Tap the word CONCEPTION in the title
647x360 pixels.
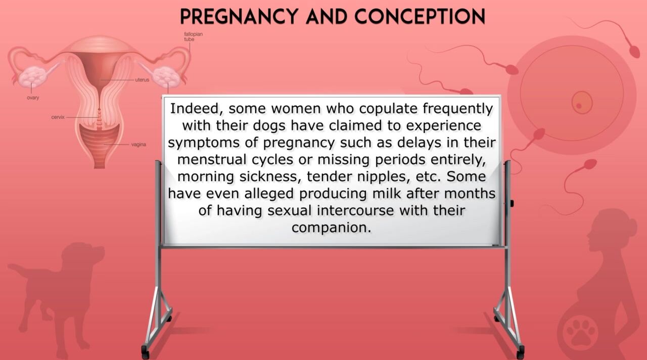(x=420, y=17)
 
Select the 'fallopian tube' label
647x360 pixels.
(x=193, y=37)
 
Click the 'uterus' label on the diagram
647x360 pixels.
(x=142, y=80)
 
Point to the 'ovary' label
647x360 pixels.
(x=33, y=98)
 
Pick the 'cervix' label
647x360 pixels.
(x=58, y=117)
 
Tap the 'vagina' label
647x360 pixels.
(x=138, y=145)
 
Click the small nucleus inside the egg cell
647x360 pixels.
(x=582, y=103)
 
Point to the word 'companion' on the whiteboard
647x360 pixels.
(x=331, y=228)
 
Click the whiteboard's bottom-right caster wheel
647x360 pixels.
(x=520, y=352)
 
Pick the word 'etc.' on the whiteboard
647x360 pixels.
(x=428, y=176)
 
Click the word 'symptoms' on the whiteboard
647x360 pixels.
(x=204, y=143)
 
